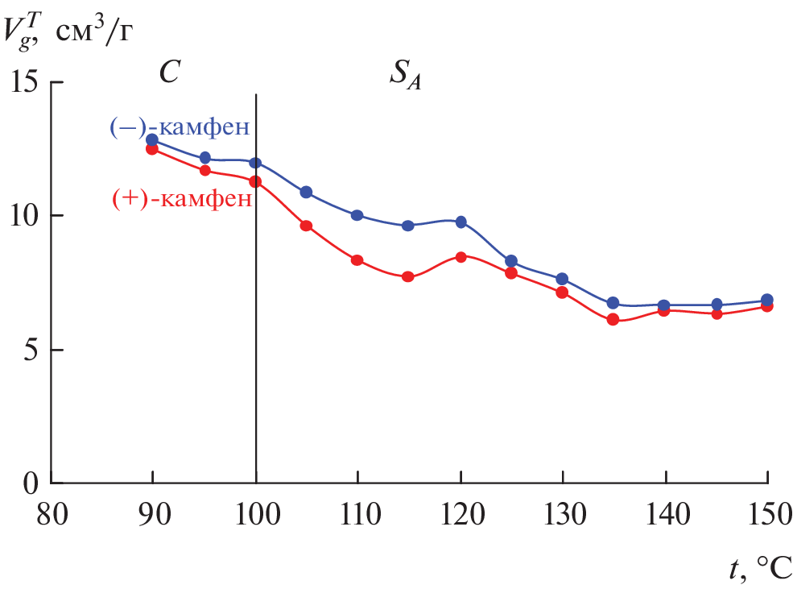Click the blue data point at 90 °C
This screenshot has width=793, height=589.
pos(153,139)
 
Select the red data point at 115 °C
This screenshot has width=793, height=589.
pos(408,276)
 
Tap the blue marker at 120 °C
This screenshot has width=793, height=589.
pos(461,222)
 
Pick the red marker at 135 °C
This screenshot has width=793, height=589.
pos(613,319)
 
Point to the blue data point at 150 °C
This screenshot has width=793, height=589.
pos(767,300)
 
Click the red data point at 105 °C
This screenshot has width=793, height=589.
pos(306,226)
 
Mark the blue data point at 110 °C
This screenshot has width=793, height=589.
pos(357,215)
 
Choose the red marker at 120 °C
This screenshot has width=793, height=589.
pos(461,257)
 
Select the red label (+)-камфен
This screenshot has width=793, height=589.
pos(180,198)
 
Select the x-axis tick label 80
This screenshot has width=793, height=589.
pos(52,513)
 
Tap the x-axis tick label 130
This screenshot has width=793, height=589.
pos(562,513)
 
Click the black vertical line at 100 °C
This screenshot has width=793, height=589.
pos(256,322)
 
